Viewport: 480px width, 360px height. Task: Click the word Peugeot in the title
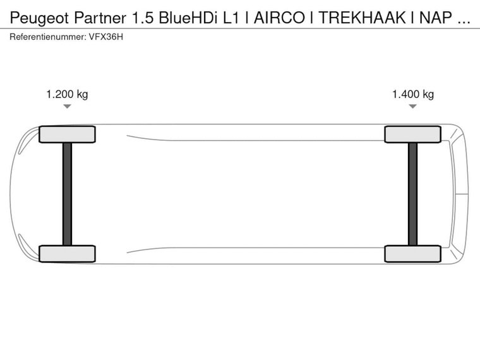(x=39, y=18)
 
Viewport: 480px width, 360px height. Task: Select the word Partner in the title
(x=100, y=18)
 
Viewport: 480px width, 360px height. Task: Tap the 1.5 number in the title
(x=142, y=18)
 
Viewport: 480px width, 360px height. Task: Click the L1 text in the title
(x=231, y=18)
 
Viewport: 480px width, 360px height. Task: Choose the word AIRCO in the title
(x=279, y=18)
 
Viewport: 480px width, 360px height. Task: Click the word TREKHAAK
(x=362, y=18)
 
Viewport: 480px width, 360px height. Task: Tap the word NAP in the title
(x=435, y=18)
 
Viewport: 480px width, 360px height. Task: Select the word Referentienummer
(x=48, y=37)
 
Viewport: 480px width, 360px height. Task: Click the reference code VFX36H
(x=106, y=37)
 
